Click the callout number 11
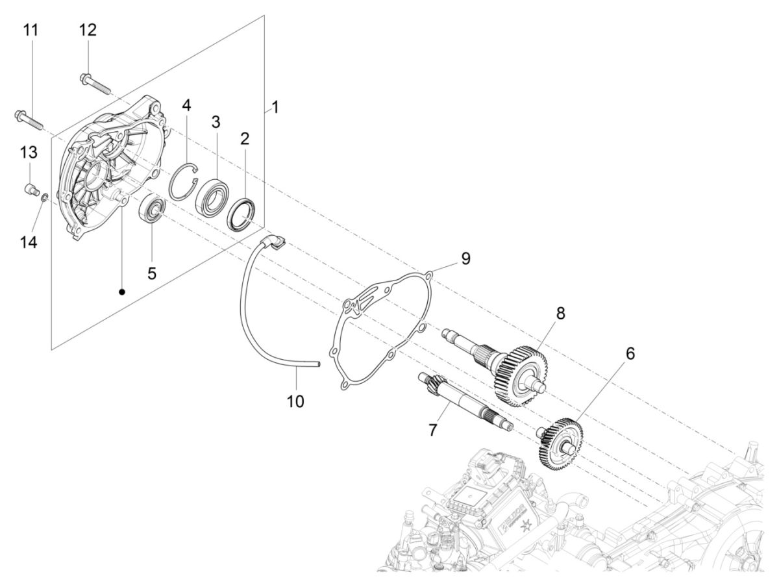tap(31, 30)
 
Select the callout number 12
tap(88, 30)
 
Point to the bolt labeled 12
tap(95, 82)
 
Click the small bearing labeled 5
tap(153, 208)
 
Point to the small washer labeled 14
tap(43, 197)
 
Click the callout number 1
tap(275, 107)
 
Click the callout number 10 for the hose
tap(295, 401)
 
